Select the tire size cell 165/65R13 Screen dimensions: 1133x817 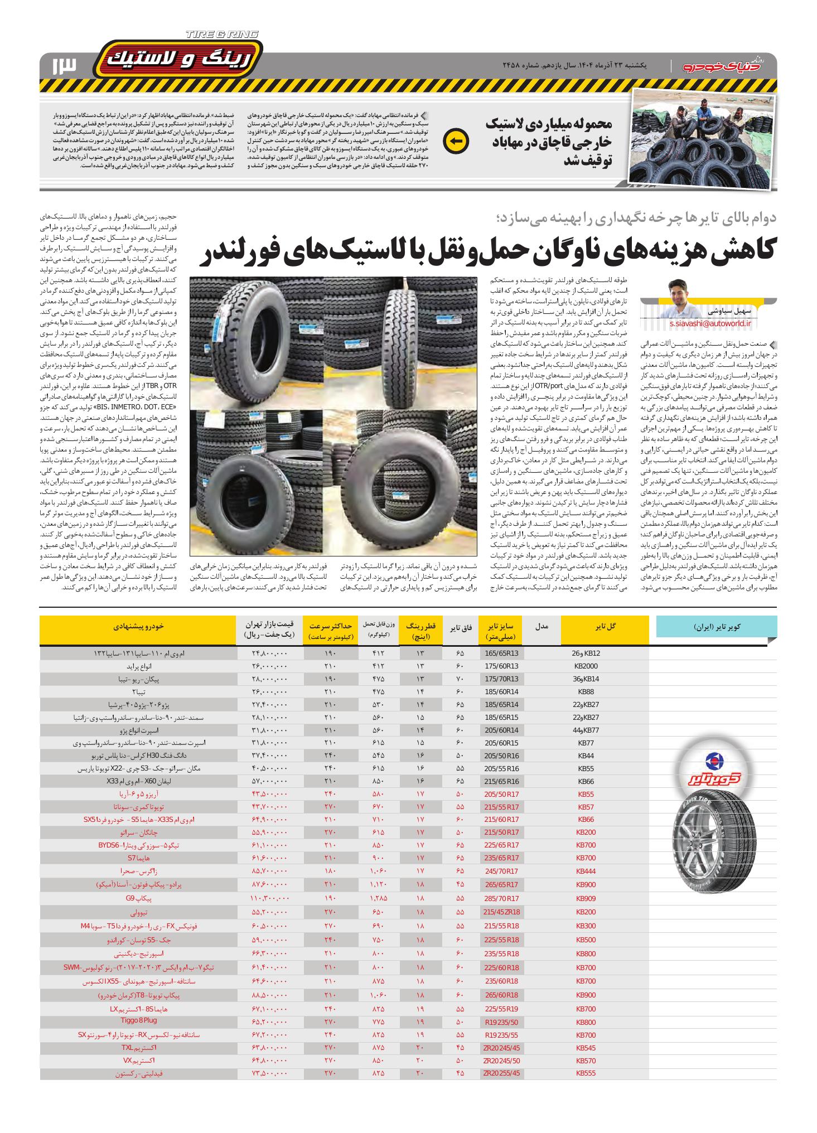(502, 653)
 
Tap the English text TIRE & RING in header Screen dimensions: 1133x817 (222, 35)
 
